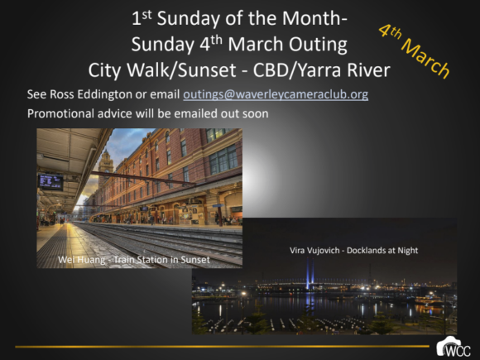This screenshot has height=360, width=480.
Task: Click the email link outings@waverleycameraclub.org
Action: click(276, 94)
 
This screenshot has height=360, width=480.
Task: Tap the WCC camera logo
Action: click(454, 347)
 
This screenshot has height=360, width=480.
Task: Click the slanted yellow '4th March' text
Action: click(415, 51)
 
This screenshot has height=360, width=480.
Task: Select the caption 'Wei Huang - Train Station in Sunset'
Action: click(134, 260)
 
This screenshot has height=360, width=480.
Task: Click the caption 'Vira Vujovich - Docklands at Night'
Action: click(353, 251)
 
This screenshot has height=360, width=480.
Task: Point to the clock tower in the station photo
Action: click(106, 168)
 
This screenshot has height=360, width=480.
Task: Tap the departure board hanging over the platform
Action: click(50, 182)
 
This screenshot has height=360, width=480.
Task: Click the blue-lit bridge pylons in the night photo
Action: click(310, 273)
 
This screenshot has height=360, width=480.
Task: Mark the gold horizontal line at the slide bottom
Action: click(222, 347)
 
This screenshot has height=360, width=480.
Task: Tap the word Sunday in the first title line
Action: click(188, 19)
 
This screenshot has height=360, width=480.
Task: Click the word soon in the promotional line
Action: click(255, 114)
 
